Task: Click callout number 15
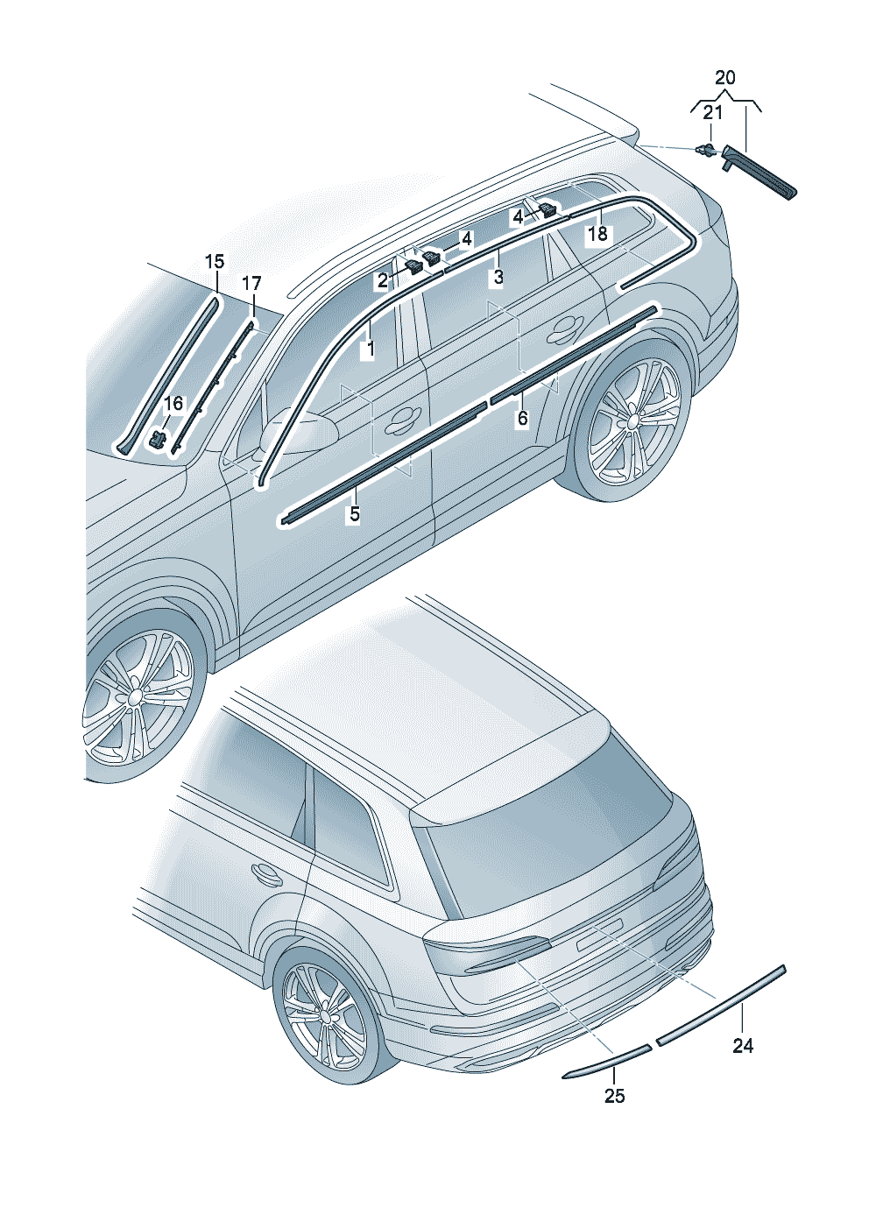tap(215, 262)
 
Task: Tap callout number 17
tap(251, 284)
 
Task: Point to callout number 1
tap(371, 349)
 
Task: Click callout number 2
tap(383, 281)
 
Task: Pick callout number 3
tap(498, 278)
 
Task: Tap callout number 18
tap(597, 234)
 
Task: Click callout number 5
tap(355, 514)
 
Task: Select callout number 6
tap(522, 419)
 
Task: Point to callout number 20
tap(724, 77)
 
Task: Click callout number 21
tap(712, 113)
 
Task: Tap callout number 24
tap(743, 1046)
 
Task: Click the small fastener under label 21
tap(707, 149)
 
